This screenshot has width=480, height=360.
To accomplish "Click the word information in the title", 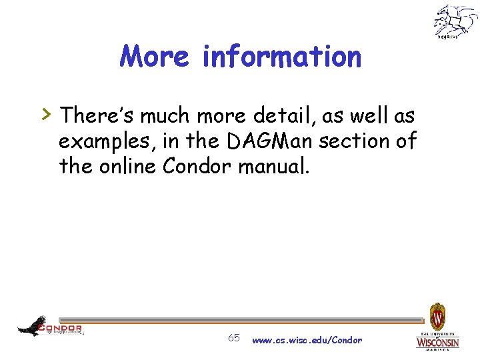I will tap(281, 57).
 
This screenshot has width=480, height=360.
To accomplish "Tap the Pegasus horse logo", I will tap(456, 21).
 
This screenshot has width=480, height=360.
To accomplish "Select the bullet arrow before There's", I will tap(47, 115).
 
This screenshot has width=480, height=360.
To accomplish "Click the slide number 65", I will tap(234, 338).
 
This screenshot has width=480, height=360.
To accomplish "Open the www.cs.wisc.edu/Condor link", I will tap(307, 340).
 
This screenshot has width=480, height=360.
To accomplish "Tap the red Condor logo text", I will tap(61, 328).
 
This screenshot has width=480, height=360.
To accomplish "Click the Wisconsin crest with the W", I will tap(437, 314).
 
